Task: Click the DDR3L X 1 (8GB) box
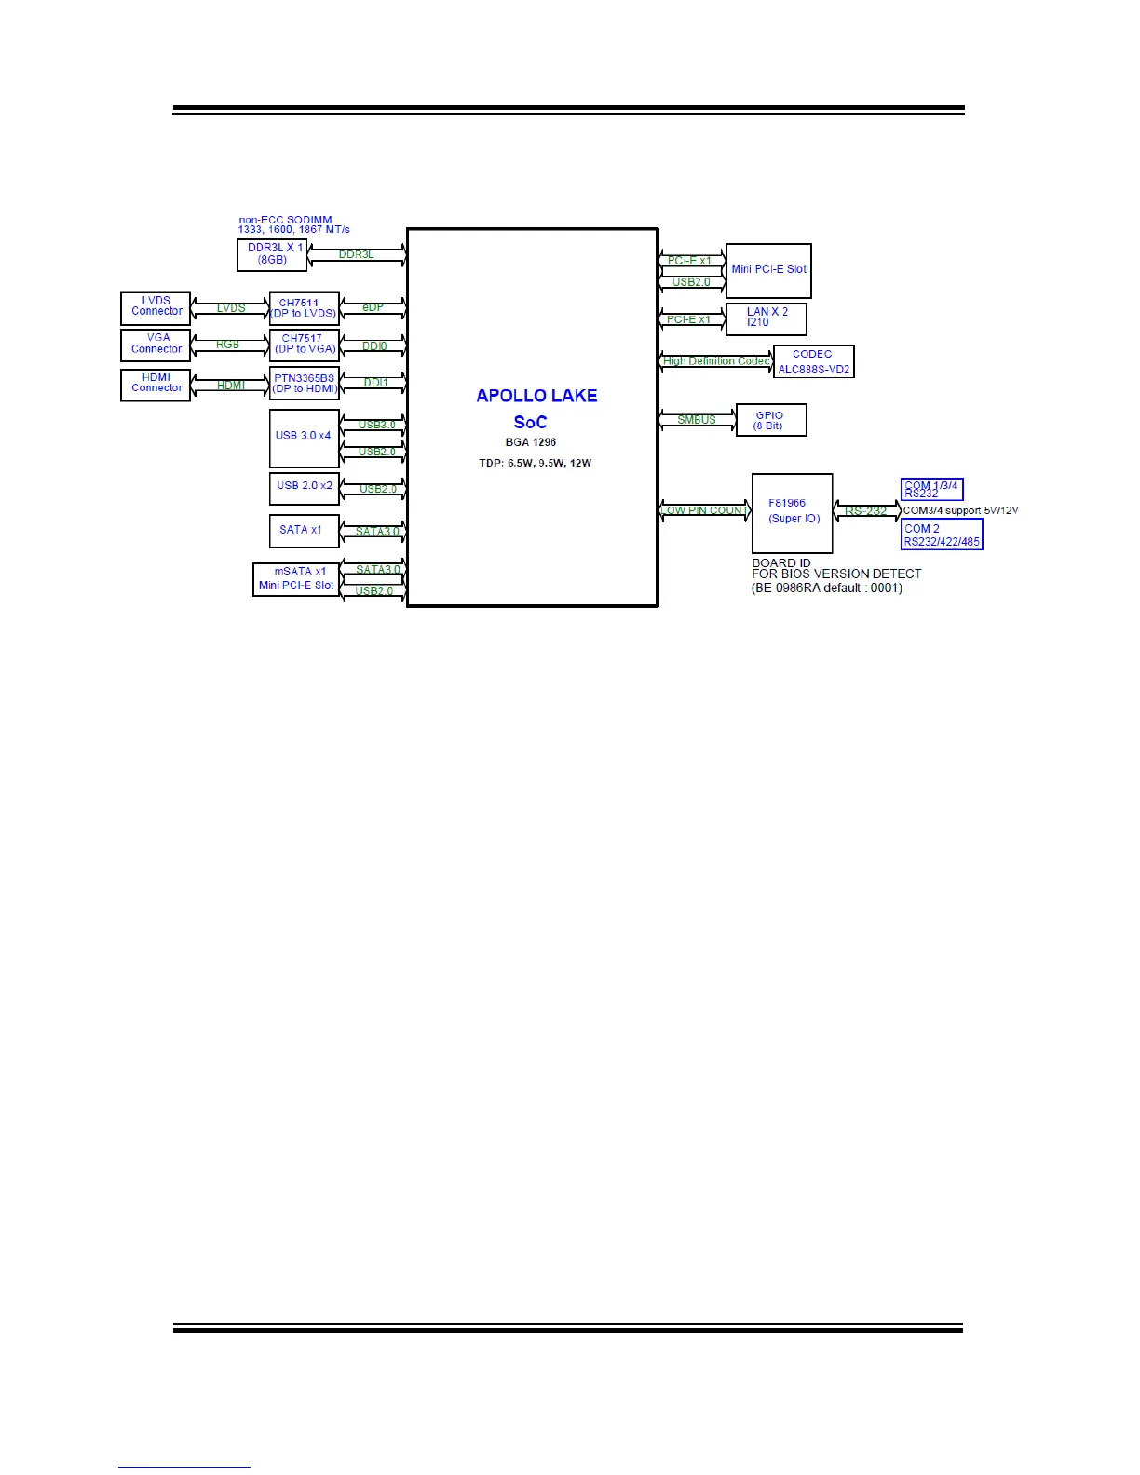(x=272, y=254)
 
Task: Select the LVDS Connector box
(x=156, y=307)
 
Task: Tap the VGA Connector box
(x=156, y=345)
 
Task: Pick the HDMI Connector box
(x=156, y=384)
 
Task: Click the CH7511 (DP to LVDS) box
(x=304, y=308)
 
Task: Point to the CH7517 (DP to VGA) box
(x=304, y=345)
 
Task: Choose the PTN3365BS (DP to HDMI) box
(x=304, y=384)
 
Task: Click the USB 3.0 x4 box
(x=304, y=438)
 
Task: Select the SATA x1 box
(x=304, y=530)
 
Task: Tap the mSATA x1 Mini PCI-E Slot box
(x=296, y=578)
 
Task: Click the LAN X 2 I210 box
(x=766, y=318)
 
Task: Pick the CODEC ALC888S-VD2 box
(x=813, y=361)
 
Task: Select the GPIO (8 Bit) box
(x=770, y=420)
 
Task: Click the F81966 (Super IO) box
(x=792, y=512)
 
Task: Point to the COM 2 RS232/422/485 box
(x=942, y=535)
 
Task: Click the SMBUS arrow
(x=697, y=420)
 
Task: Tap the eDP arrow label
(x=373, y=307)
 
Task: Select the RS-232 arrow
(x=866, y=511)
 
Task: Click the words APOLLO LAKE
(x=536, y=396)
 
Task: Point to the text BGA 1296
(x=531, y=442)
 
